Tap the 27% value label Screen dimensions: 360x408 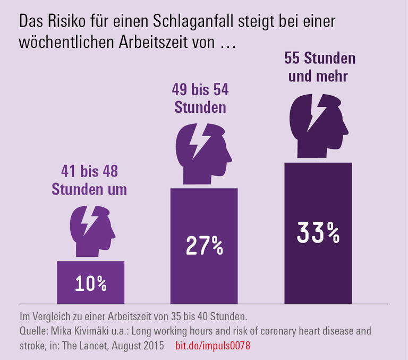[204, 246]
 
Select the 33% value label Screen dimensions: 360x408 [318, 232]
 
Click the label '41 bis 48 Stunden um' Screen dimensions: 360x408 [89, 181]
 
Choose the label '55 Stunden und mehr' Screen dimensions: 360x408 [319, 67]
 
